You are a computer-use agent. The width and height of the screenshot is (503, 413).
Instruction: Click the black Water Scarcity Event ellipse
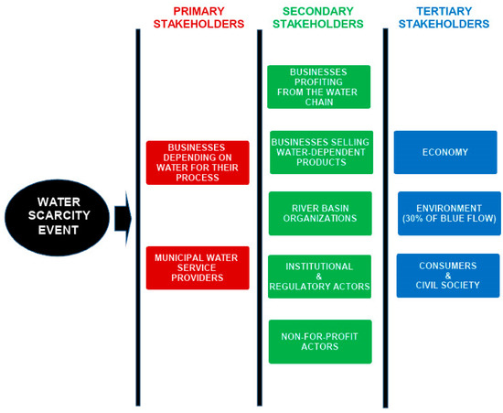pos(57,218)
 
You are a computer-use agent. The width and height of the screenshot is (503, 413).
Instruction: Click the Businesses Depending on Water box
pos(198,162)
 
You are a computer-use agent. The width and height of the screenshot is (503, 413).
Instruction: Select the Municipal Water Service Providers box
pos(198,267)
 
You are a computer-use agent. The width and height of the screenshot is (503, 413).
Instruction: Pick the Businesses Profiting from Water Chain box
pos(318,86)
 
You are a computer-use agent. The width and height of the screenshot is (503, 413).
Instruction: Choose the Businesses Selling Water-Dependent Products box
pos(321,152)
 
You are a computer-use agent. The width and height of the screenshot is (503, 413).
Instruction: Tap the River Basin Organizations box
pos(320,213)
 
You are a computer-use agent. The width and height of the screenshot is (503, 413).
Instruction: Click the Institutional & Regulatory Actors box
pos(319,277)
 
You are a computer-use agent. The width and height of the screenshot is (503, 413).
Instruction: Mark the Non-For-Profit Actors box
pos(320,341)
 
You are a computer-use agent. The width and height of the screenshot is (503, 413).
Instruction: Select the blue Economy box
pos(445,152)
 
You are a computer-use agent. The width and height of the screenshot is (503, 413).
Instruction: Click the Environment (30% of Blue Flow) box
pos(449,213)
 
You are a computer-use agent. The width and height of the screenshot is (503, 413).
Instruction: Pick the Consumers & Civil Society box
pos(447,275)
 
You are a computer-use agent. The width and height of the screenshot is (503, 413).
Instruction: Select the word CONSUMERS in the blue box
pos(447,265)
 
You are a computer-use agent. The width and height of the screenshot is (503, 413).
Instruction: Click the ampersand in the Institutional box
pos(319,277)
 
